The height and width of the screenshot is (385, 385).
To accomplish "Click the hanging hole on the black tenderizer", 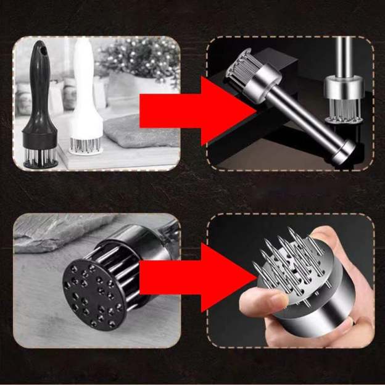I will point(41,49).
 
